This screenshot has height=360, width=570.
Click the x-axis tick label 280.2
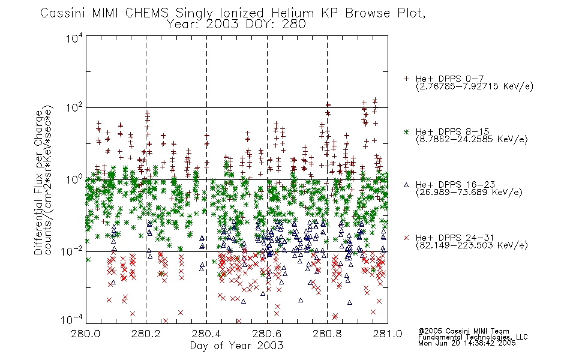[x=146, y=334]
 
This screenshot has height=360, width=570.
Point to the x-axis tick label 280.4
[x=206, y=334]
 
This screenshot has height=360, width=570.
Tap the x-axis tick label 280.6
[x=267, y=334]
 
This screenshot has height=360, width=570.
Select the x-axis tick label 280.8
[x=327, y=334]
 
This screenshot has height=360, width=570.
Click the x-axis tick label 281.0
[x=388, y=334]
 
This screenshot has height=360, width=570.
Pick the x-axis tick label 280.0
[x=86, y=334]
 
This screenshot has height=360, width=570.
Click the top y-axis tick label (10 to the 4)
[x=74, y=38]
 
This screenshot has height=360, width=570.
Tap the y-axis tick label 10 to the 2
[x=74, y=107]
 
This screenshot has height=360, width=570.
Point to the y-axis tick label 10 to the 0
[x=74, y=179]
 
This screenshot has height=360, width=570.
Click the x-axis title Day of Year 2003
[x=236, y=346]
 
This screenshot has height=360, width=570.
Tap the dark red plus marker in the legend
[x=406, y=79]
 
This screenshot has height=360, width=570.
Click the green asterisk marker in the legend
[x=406, y=132]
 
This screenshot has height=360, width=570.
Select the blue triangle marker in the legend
[x=406, y=185]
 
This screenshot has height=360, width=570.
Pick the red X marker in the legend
[x=406, y=238]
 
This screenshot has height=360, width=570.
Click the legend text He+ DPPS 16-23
[x=455, y=185]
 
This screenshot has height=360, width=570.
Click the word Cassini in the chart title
[x=63, y=13]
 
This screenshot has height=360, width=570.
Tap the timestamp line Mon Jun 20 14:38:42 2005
[x=467, y=343]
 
